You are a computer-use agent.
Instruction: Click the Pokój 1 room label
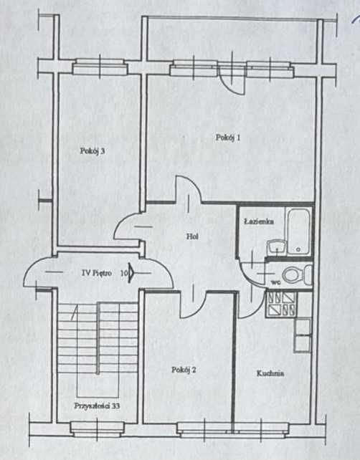(x=228, y=138)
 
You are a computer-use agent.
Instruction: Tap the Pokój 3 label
(x=93, y=150)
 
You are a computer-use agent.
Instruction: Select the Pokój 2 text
(x=184, y=370)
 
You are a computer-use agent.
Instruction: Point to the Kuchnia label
(x=270, y=373)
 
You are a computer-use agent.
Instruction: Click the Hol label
(x=192, y=236)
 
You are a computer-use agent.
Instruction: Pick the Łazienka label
(x=259, y=221)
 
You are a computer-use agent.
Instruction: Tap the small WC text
(x=275, y=283)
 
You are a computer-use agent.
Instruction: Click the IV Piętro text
(x=97, y=273)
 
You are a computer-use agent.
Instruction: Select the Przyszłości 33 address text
(x=97, y=406)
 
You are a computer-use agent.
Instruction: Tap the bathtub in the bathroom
(x=298, y=231)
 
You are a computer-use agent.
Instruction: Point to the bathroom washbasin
(x=276, y=247)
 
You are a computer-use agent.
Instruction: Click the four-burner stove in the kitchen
(x=281, y=305)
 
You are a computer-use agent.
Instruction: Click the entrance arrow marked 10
(x=131, y=273)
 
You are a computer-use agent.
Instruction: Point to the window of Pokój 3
(x=100, y=67)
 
